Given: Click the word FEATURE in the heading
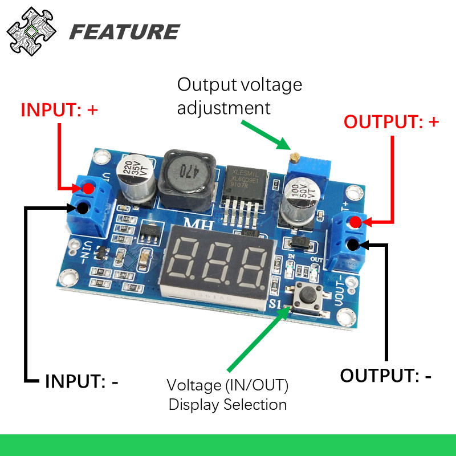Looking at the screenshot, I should click(x=124, y=32).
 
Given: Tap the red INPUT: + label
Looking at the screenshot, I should click(x=59, y=110).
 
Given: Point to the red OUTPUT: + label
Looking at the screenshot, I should click(x=392, y=122).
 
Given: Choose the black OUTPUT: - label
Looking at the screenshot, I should click(x=386, y=376).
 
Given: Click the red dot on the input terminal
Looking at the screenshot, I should click(x=88, y=189).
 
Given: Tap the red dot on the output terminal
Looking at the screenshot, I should click(x=355, y=222).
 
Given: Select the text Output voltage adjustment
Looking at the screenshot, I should click(x=239, y=96).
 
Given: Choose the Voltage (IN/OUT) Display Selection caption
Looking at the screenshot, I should click(x=228, y=395).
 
